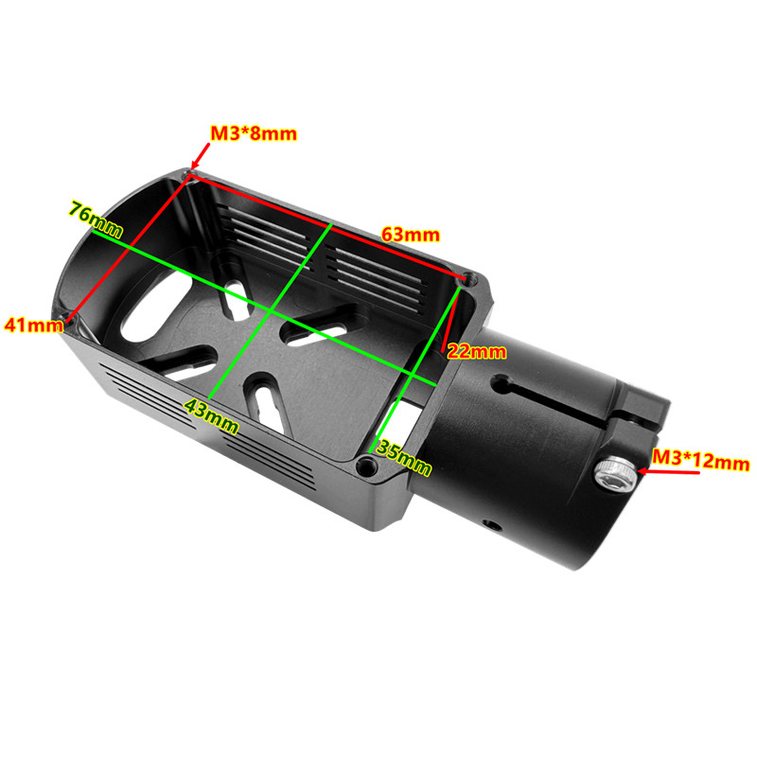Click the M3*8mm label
coord(254,133)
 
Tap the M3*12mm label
coord(700,459)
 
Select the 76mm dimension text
coord(96,219)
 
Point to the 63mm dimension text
coord(411,235)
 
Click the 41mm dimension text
coord(34,325)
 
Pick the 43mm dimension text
coord(211,416)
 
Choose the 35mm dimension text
coord(404,457)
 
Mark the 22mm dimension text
coord(477,351)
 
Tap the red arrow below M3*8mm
coord(201,156)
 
